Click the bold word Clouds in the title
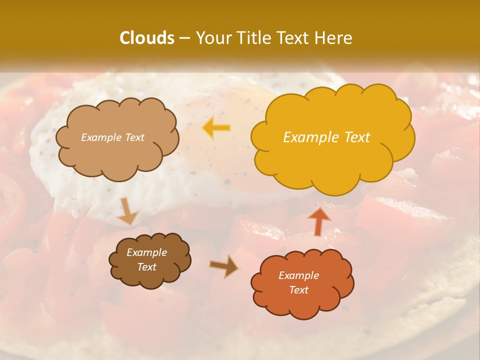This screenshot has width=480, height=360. [x=147, y=38]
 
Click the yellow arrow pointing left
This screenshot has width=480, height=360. [x=216, y=128]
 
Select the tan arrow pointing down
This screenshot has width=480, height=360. [x=127, y=211]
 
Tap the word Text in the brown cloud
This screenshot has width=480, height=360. [x=146, y=267]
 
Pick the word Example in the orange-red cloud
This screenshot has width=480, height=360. [x=298, y=275]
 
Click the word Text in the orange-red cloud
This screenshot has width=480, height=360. [x=298, y=290]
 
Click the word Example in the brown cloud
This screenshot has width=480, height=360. [x=146, y=252]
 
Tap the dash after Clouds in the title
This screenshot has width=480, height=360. [x=184, y=38]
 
